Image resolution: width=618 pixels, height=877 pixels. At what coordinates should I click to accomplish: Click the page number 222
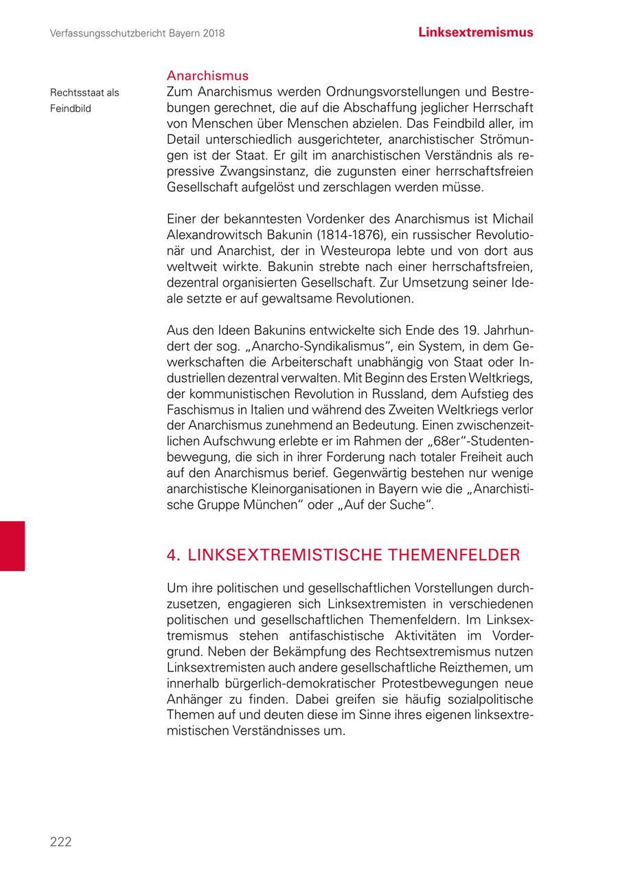60,842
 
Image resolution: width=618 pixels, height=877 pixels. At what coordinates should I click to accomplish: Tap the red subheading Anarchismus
207,76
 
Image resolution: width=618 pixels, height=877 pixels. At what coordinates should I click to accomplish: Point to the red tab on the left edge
12,546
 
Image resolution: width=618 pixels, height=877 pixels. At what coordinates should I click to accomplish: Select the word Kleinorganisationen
304,489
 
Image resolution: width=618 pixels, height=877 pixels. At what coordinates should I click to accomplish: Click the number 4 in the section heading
172,555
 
